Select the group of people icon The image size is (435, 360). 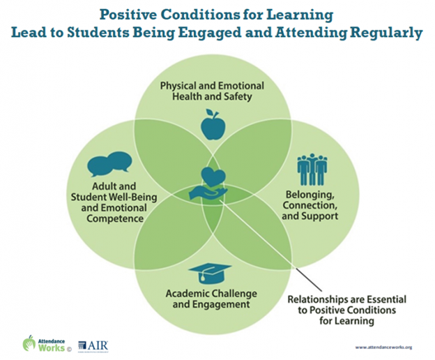(x=312, y=170)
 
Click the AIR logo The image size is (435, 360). (x=93, y=345)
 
